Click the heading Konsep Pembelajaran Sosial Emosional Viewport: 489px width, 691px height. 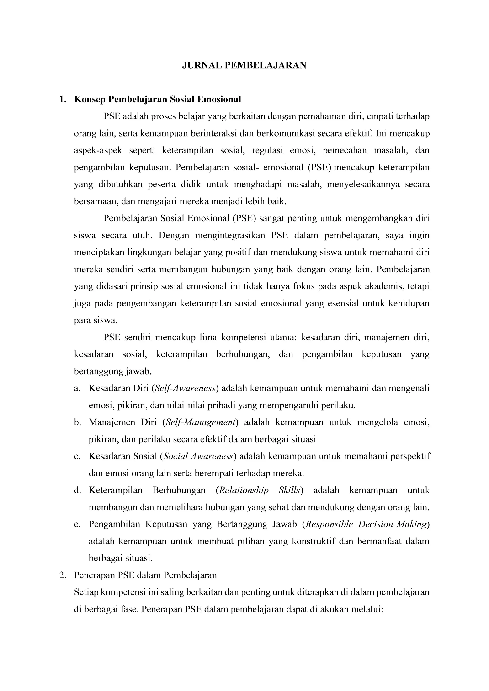(x=158, y=99)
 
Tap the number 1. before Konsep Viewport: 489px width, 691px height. (x=63, y=99)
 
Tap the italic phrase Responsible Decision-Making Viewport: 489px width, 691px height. (x=366, y=524)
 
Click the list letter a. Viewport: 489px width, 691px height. (x=77, y=389)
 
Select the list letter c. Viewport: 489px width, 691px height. (x=77, y=457)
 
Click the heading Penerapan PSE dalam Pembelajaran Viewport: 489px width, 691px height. (x=145, y=575)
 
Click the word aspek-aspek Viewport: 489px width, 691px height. (x=98, y=150)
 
